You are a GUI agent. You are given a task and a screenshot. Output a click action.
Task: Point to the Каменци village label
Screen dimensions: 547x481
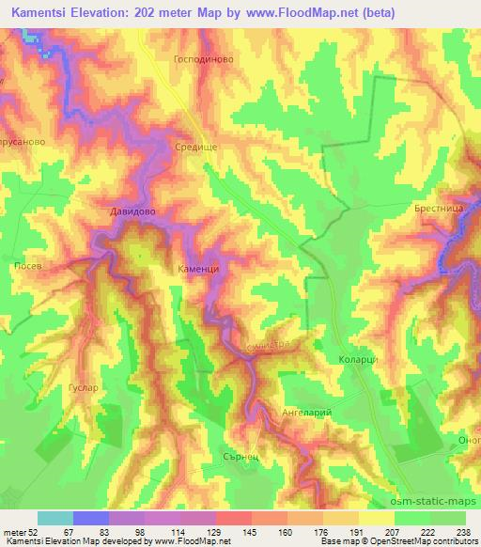197,269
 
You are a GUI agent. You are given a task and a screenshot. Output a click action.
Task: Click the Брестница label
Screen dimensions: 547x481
437,209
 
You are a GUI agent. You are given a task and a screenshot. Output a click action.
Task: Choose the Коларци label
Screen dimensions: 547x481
358,360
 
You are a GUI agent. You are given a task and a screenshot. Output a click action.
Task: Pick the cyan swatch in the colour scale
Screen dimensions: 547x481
55,518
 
